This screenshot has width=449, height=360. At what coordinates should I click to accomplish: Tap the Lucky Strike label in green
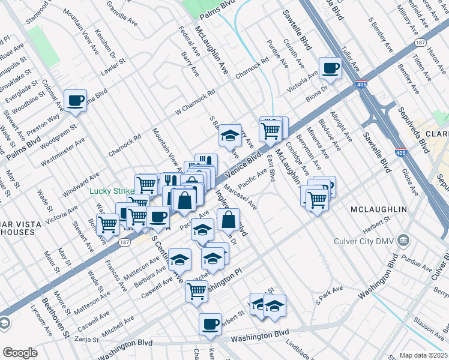point(112,191)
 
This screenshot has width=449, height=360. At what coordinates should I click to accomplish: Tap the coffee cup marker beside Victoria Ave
point(330,68)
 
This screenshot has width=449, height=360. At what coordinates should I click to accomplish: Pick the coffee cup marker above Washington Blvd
point(210,325)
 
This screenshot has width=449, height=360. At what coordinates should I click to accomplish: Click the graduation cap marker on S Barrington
point(229,136)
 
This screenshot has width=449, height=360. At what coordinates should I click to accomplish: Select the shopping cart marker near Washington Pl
point(196,291)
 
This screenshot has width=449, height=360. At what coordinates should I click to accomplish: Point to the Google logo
point(20,353)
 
